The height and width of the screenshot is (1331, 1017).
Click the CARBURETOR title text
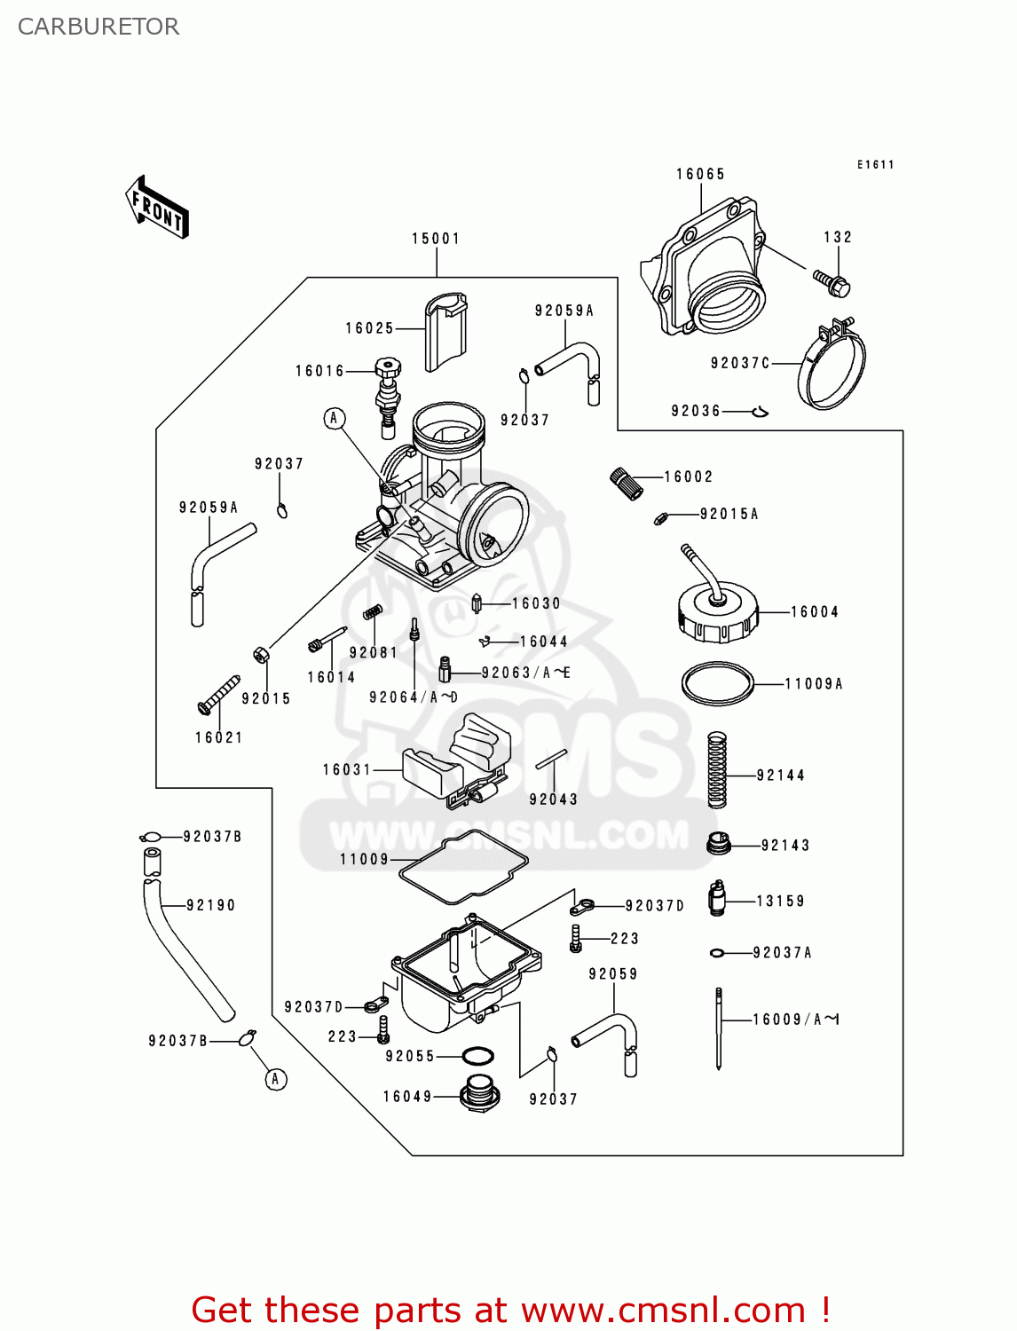pos(99,27)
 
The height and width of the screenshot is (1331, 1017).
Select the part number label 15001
pos(436,239)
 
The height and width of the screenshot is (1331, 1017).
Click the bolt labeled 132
pos(832,283)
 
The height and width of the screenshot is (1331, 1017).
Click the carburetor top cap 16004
pos(718,611)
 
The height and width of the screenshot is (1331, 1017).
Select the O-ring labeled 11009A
pos(717,684)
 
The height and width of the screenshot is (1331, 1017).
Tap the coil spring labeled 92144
pos(717,769)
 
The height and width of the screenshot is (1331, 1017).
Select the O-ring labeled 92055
pos(478,1056)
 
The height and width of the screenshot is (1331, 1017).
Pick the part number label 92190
pos(210,906)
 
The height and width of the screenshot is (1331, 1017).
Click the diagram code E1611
pos(875,165)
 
